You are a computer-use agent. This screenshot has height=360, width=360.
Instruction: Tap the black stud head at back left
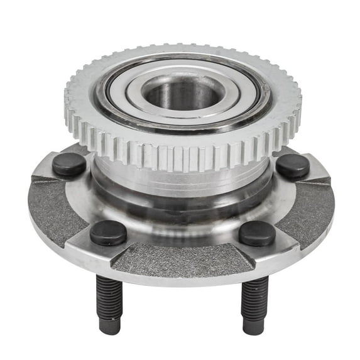coord(69,165)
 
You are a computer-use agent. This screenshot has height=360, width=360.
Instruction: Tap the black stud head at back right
coord(293,166)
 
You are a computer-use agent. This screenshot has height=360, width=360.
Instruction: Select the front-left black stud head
coord(108,232)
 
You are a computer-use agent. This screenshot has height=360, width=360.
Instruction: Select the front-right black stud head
coord(256,233)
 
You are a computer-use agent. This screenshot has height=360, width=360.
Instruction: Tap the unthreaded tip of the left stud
coord(111,326)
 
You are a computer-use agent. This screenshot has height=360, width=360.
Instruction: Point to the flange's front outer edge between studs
coord(182,276)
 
